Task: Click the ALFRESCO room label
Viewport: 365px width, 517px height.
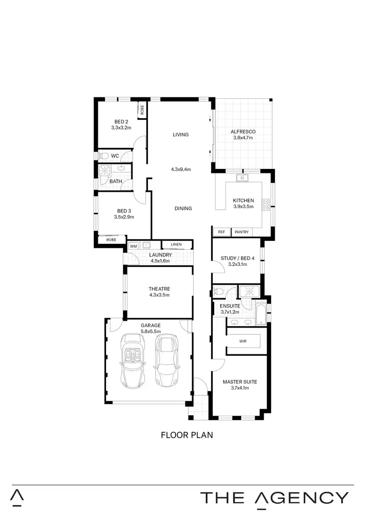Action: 244,131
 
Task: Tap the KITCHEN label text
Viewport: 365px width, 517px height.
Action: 243,201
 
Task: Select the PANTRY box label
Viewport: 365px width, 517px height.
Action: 241,232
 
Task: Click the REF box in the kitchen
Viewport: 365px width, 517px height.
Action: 221,232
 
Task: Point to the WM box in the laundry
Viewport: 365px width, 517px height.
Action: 133,246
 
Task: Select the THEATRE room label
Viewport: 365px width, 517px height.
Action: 159,289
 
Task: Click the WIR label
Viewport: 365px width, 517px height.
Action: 243,341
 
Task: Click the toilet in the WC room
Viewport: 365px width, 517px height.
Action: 103,156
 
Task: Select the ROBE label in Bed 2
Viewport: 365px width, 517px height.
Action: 142,110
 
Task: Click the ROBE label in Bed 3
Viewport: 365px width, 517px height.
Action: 111,240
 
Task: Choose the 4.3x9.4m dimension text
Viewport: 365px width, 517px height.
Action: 181,169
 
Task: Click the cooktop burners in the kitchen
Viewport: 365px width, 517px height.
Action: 266,204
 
